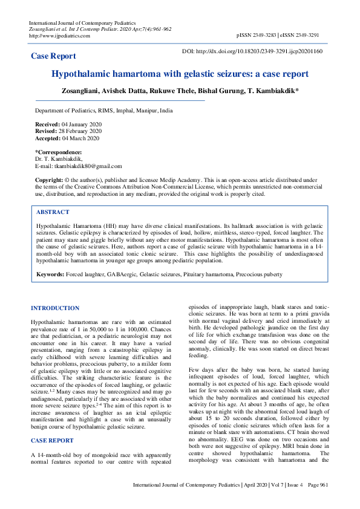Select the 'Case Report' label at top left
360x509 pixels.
[x=53, y=56]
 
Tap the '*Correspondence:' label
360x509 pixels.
[x=58, y=152]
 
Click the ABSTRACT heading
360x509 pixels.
[x=53, y=212]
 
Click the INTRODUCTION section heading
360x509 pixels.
[x=55, y=308]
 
